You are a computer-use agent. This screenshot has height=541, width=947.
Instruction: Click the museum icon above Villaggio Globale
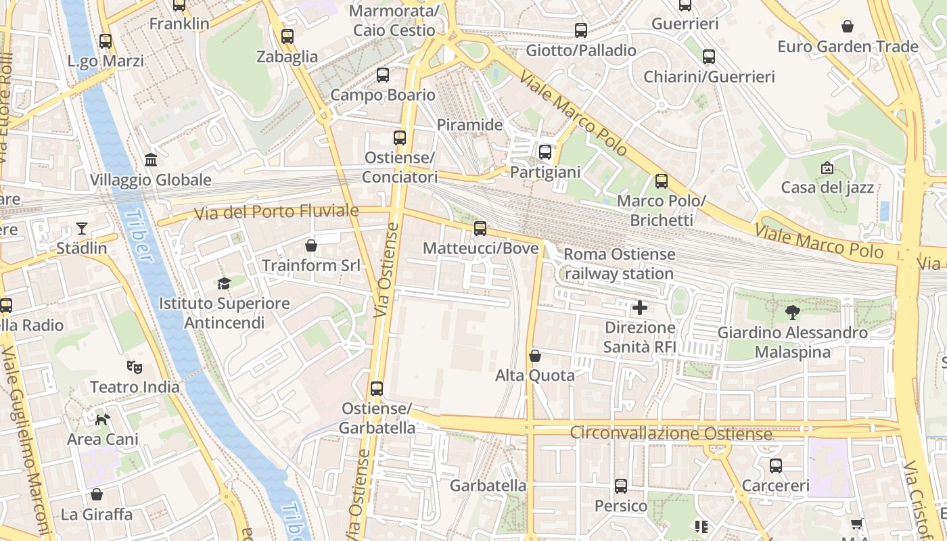point(151,160)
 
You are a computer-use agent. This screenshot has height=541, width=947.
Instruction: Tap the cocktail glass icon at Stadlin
point(82,228)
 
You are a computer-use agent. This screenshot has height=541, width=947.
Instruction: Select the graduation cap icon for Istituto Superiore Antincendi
point(224,283)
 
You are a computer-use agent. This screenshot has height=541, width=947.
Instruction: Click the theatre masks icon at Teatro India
point(135,367)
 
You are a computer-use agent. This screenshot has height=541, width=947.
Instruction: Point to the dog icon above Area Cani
point(102,419)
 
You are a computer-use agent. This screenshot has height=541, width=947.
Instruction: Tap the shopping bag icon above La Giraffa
point(97,494)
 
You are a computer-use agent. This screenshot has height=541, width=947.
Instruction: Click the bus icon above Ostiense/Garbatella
point(377,389)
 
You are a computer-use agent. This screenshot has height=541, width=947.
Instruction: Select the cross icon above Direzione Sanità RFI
point(639,308)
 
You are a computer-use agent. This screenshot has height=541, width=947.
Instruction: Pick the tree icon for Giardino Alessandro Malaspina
point(792,312)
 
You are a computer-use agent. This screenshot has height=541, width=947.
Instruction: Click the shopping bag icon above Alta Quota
point(535,356)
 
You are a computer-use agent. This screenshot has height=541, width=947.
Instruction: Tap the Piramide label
point(469,125)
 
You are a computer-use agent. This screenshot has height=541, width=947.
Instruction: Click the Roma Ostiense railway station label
point(619,264)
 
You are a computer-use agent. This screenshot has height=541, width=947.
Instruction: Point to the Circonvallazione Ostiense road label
point(671,433)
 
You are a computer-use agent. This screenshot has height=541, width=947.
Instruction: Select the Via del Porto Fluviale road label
point(276,212)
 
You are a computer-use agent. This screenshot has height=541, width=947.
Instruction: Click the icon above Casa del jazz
point(827,167)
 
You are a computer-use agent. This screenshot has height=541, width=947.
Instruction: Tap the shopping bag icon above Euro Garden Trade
point(847,26)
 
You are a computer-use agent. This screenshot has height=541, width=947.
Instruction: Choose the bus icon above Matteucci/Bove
point(480,229)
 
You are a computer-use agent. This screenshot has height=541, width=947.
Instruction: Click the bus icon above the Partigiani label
point(545,152)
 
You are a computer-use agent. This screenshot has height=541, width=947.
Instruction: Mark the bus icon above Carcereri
point(776,466)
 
